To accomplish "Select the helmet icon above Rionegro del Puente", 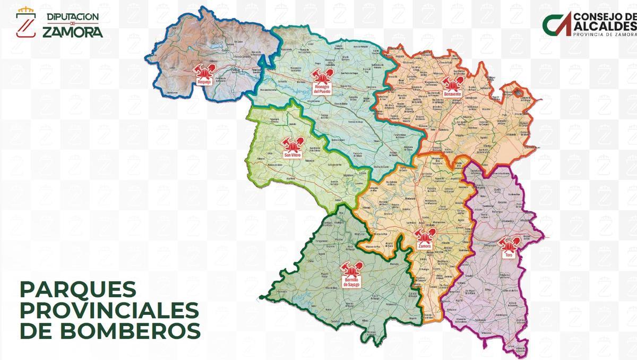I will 322,76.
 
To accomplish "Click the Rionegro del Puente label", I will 322,89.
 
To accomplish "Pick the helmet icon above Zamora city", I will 424,236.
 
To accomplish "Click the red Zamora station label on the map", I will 424,246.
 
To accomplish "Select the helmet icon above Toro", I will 509,245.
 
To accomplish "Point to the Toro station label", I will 509,256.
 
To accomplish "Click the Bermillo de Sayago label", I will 351,282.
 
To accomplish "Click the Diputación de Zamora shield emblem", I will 25,23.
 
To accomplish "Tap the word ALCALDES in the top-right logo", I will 604,27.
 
